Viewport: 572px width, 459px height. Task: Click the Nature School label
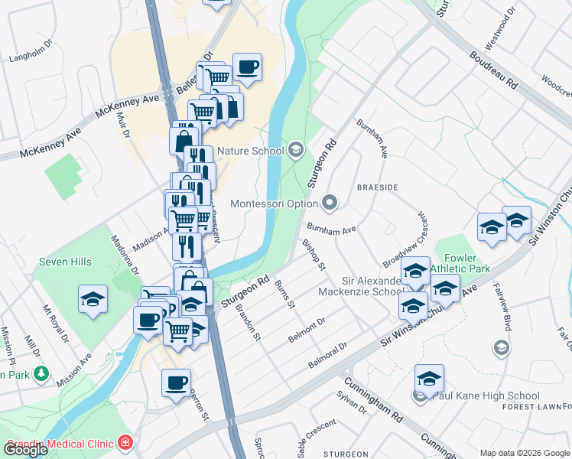click(x=250, y=151)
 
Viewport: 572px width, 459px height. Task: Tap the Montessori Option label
click(x=274, y=204)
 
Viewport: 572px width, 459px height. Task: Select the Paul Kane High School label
click(x=486, y=396)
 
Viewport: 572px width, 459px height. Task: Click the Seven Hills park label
click(x=65, y=262)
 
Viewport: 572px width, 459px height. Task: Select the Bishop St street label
click(x=314, y=254)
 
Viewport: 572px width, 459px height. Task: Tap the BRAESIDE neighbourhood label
click(x=377, y=187)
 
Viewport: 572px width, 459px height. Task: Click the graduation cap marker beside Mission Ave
click(x=93, y=299)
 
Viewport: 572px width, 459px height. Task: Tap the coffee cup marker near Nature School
click(x=247, y=67)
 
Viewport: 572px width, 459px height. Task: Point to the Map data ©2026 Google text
click(x=525, y=452)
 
